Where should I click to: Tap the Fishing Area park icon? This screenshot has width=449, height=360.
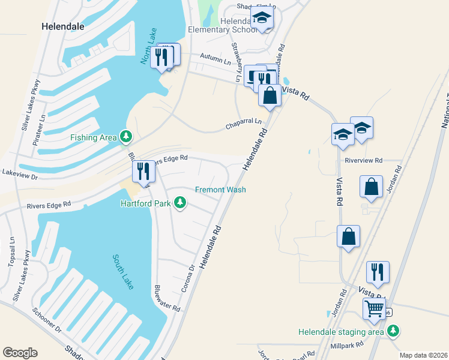125,137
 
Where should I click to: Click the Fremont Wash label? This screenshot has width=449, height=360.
220,190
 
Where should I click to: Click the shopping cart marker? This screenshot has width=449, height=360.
375,309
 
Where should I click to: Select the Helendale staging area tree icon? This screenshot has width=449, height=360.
393,331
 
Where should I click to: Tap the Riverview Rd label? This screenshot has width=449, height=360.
364,160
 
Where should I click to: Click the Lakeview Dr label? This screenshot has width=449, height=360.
20,178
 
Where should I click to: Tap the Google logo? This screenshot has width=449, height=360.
20,353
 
